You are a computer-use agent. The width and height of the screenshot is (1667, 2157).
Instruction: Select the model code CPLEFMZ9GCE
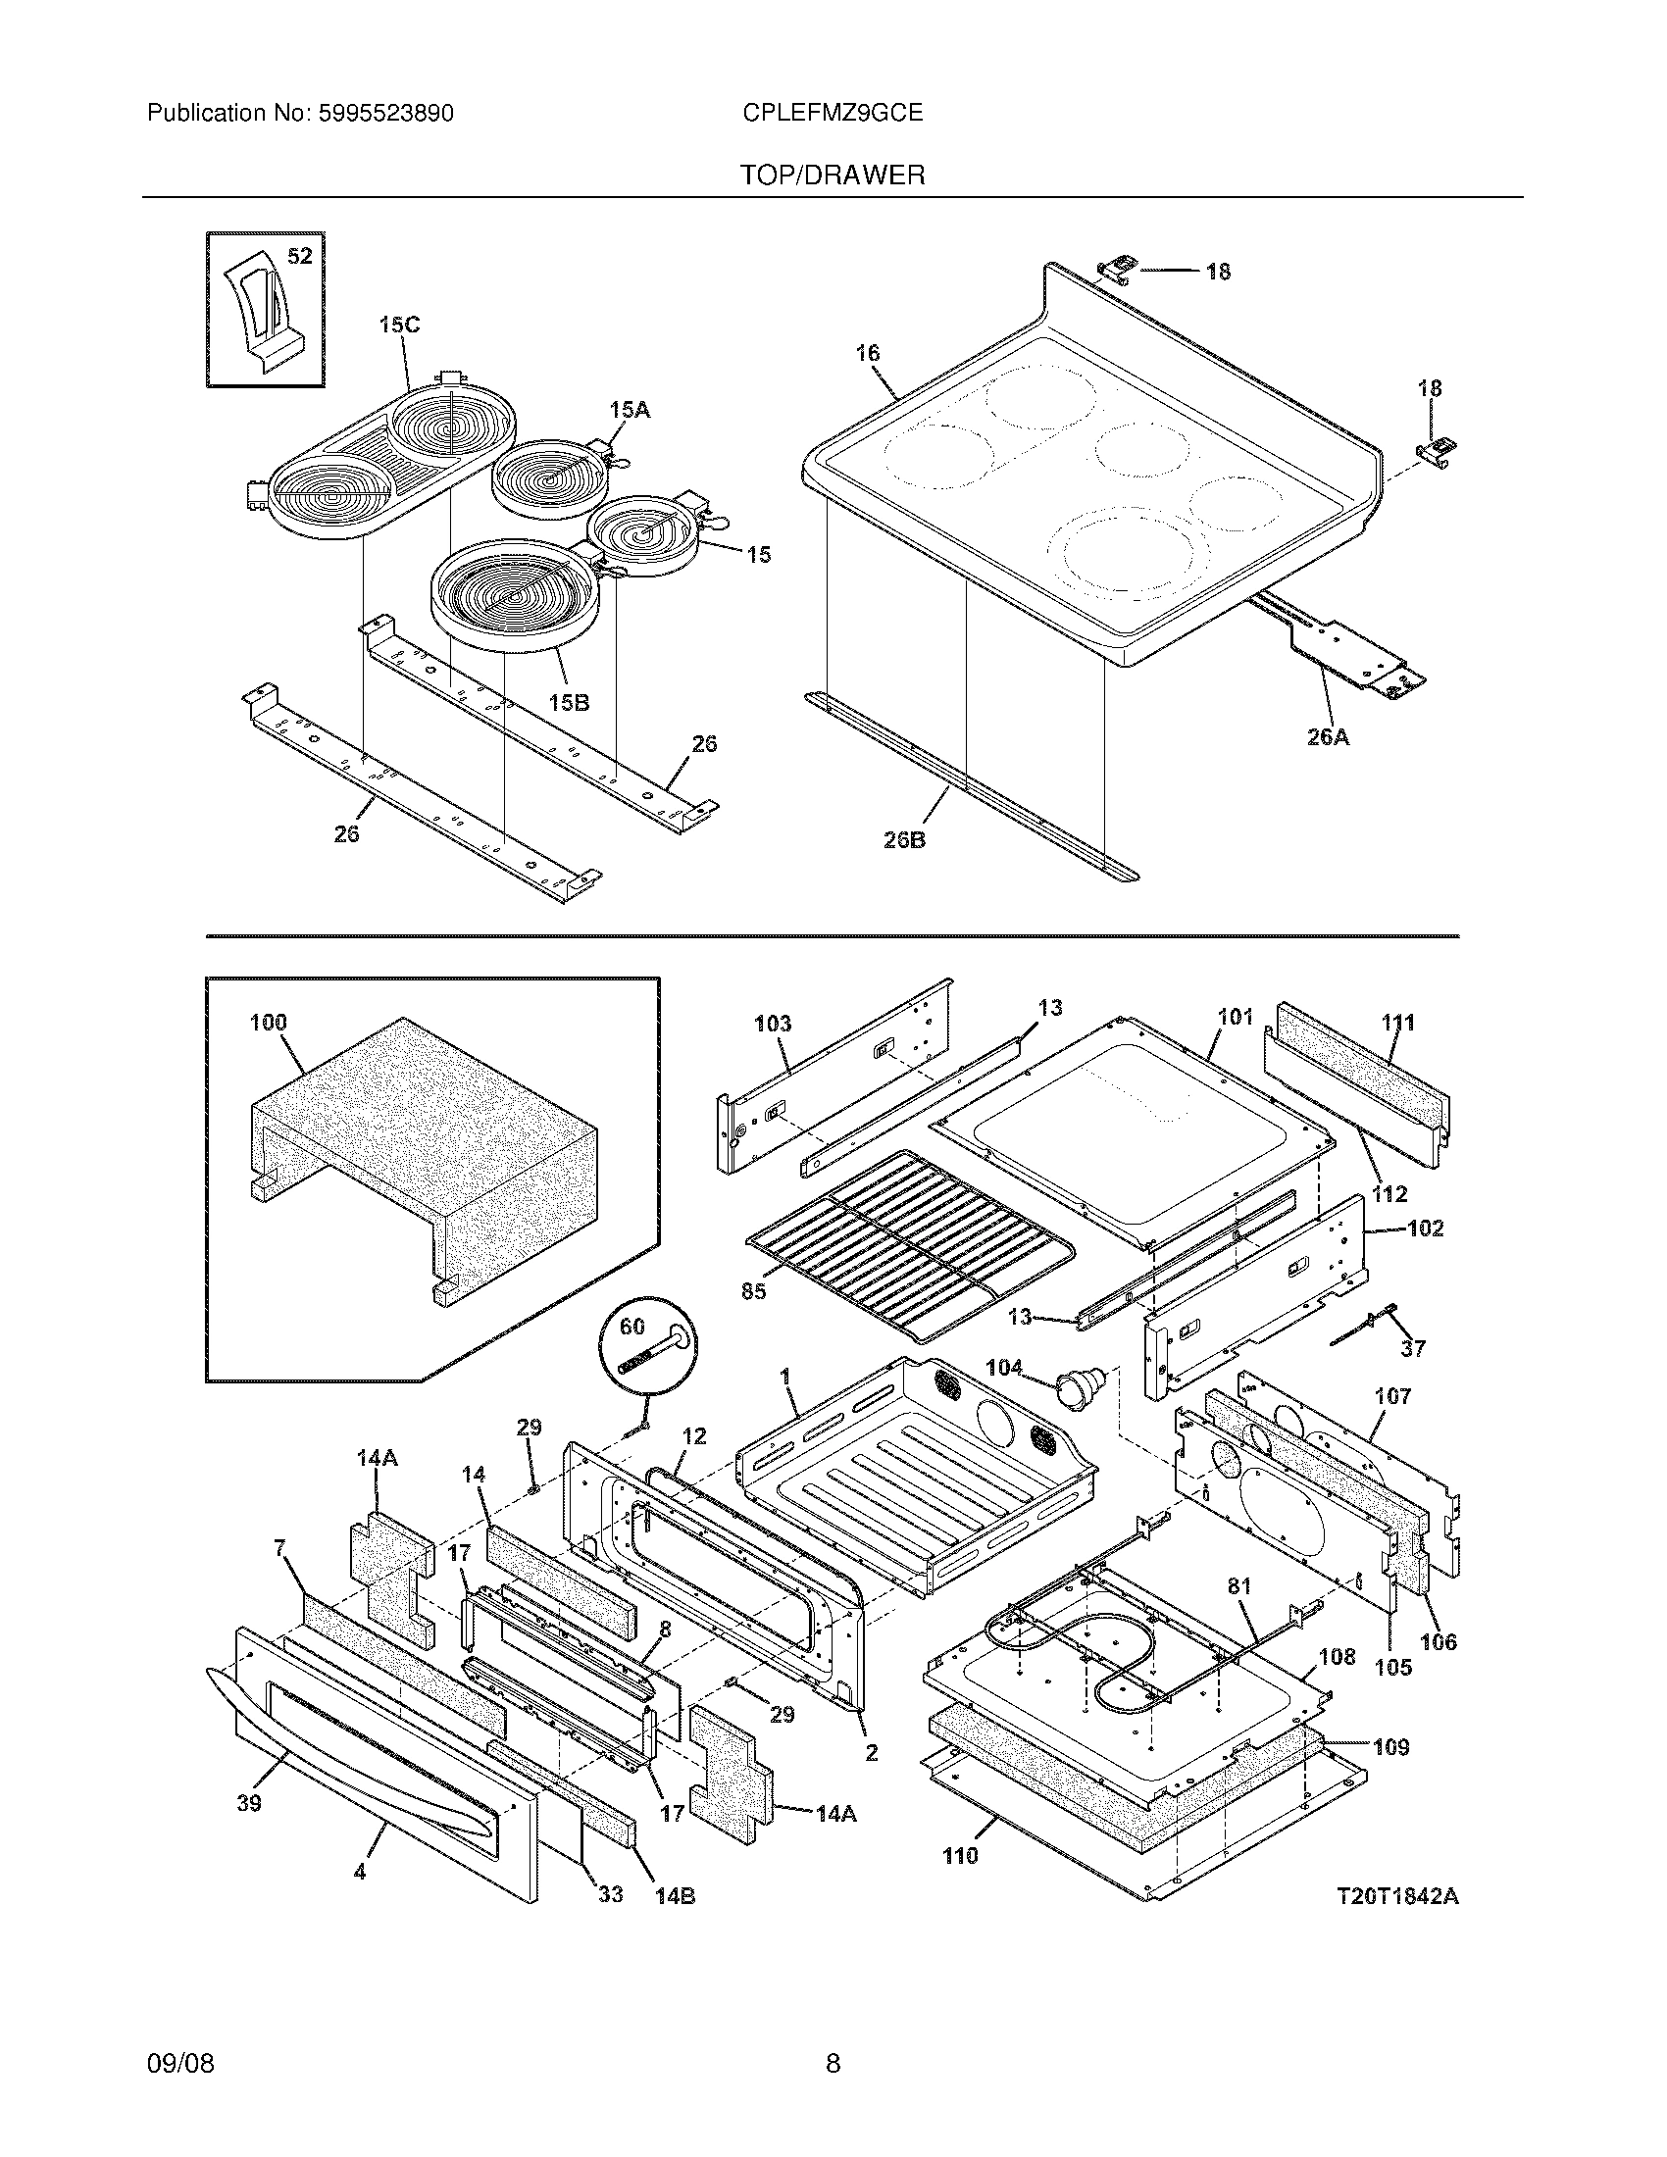832,114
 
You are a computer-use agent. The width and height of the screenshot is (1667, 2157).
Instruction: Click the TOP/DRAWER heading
832,176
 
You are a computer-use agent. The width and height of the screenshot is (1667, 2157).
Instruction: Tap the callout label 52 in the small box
299,257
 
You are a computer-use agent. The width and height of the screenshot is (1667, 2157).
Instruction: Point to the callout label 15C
399,324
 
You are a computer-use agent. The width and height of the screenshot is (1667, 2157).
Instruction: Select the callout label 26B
904,840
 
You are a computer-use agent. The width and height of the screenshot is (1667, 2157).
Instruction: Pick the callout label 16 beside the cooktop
867,353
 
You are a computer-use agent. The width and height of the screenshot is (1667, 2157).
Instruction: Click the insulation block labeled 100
425,1156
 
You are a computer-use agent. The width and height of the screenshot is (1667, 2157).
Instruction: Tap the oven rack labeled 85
909,1246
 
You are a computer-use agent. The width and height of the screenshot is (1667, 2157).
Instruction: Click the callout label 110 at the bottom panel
959,1856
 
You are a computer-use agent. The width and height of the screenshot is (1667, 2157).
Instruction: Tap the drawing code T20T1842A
1396,1896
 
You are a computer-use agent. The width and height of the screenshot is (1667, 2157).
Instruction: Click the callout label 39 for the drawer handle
249,1803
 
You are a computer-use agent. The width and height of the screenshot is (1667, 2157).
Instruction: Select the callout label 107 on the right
1392,1395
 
